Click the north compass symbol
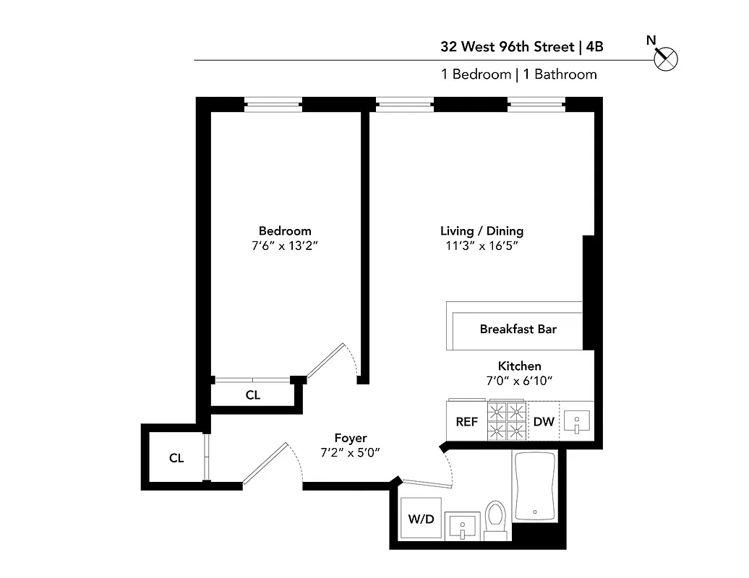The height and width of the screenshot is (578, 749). [665, 58]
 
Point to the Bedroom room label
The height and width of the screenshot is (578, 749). [285, 231]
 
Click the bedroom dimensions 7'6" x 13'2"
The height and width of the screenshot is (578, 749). [285, 246]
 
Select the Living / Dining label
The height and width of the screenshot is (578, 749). [482, 231]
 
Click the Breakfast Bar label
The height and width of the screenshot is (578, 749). [518, 329]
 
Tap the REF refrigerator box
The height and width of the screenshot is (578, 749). [466, 421]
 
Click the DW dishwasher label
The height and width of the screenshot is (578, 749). [543, 421]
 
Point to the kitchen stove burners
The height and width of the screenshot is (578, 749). [507, 421]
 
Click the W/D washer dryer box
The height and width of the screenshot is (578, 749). [421, 518]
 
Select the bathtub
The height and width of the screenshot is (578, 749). [535, 486]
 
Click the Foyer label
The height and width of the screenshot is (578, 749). [350, 438]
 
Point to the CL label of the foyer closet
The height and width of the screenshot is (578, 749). [176, 458]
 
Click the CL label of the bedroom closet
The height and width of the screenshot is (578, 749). [253, 395]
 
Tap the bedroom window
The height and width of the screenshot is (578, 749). [273, 105]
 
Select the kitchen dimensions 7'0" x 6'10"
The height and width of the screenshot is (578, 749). [519, 381]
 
